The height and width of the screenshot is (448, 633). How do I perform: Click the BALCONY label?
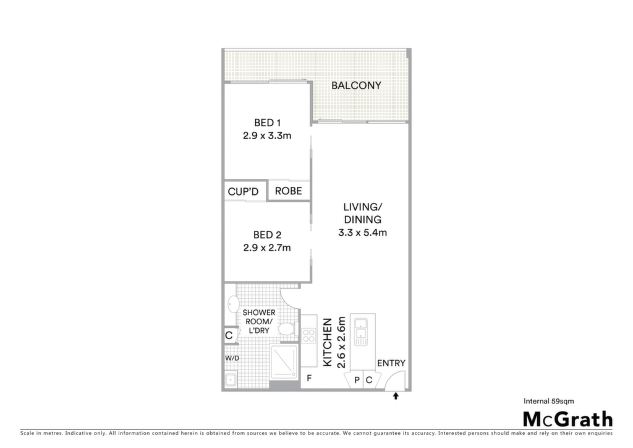point(356,85)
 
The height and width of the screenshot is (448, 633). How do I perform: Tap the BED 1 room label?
point(267,123)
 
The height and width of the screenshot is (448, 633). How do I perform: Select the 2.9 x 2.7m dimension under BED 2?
point(267,248)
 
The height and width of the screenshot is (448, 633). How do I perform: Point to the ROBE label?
point(288,191)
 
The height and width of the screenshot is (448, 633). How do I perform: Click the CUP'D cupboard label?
point(243,191)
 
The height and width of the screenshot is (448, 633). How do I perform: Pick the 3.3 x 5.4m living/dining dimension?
point(362,233)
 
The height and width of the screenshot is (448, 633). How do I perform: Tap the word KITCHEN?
point(328,343)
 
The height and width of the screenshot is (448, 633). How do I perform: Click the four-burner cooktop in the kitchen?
point(308,336)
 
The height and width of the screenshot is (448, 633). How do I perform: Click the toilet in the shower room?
point(286,329)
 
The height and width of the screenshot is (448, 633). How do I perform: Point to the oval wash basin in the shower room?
point(233,304)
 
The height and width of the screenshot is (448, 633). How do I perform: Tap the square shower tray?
point(284,362)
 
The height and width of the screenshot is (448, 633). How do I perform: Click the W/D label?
point(232,358)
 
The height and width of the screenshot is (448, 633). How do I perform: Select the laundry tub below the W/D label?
point(231,380)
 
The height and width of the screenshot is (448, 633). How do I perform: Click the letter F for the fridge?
point(309,379)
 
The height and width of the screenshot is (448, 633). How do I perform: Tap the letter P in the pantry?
point(357,380)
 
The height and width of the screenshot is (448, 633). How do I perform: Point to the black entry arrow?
point(396,396)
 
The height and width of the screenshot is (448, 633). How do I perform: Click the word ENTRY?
point(391,363)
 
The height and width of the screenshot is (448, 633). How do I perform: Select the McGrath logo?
point(568,420)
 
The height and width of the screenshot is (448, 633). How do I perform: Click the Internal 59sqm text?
point(549,401)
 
